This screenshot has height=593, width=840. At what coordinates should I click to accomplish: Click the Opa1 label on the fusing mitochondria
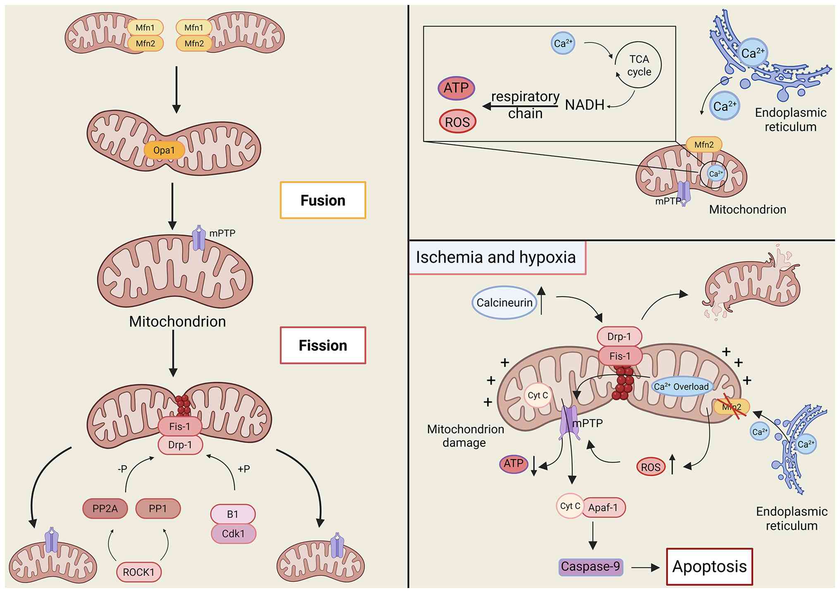(x=164, y=150)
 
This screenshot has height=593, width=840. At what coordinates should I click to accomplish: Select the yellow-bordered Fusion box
(x=323, y=200)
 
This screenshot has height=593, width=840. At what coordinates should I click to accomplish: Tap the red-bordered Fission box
(x=323, y=345)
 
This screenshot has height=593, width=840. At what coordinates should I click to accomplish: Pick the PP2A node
(x=105, y=508)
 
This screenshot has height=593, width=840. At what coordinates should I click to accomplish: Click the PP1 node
(x=158, y=508)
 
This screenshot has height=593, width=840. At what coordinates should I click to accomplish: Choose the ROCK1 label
(x=138, y=572)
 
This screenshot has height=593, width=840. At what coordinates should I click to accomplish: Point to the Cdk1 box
(x=233, y=533)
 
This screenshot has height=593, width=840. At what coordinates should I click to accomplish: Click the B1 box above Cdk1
(x=233, y=514)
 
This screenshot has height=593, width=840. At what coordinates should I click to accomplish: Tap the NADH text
(x=585, y=105)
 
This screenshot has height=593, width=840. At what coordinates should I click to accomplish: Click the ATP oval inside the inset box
(x=456, y=88)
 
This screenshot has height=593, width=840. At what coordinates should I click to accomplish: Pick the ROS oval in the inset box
(x=457, y=122)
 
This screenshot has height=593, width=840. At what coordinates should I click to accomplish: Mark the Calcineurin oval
(x=504, y=302)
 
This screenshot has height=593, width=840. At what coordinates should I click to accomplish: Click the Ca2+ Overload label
(x=681, y=386)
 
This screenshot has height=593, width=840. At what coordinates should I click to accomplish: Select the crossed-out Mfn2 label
(x=732, y=407)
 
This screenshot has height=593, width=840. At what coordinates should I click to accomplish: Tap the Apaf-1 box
(x=603, y=507)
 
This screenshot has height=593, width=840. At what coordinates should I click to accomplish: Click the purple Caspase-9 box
(x=591, y=567)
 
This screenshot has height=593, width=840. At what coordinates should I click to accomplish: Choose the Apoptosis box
(x=709, y=567)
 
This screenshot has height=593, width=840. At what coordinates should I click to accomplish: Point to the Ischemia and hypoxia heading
(x=496, y=257)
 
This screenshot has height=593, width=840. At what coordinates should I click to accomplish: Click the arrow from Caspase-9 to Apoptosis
(x=645, y=568)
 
